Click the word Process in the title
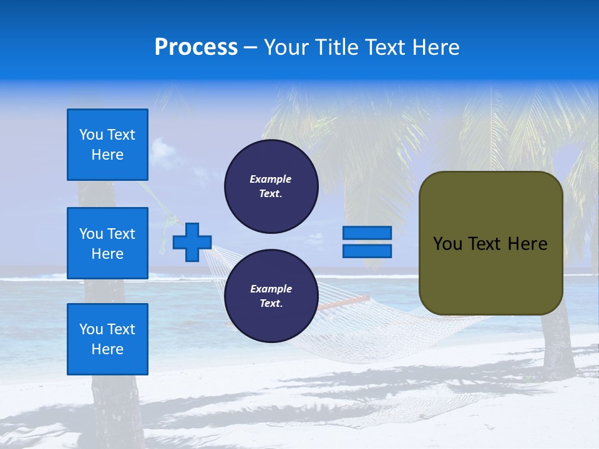point(196,47)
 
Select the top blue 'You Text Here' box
point(107,145)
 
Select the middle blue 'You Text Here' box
point(107,243)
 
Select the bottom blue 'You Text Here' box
point(107,339)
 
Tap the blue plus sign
point(192,242)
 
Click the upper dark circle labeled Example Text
point(271,186)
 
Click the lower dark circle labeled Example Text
point(271,296)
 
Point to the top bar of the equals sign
point(367,233)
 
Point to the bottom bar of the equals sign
point(367,251)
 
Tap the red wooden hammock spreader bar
point(344,302)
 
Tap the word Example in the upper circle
point(270,179)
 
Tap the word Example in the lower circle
point(271,289)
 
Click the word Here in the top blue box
point(107,155)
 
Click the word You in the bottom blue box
point(90,329)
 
